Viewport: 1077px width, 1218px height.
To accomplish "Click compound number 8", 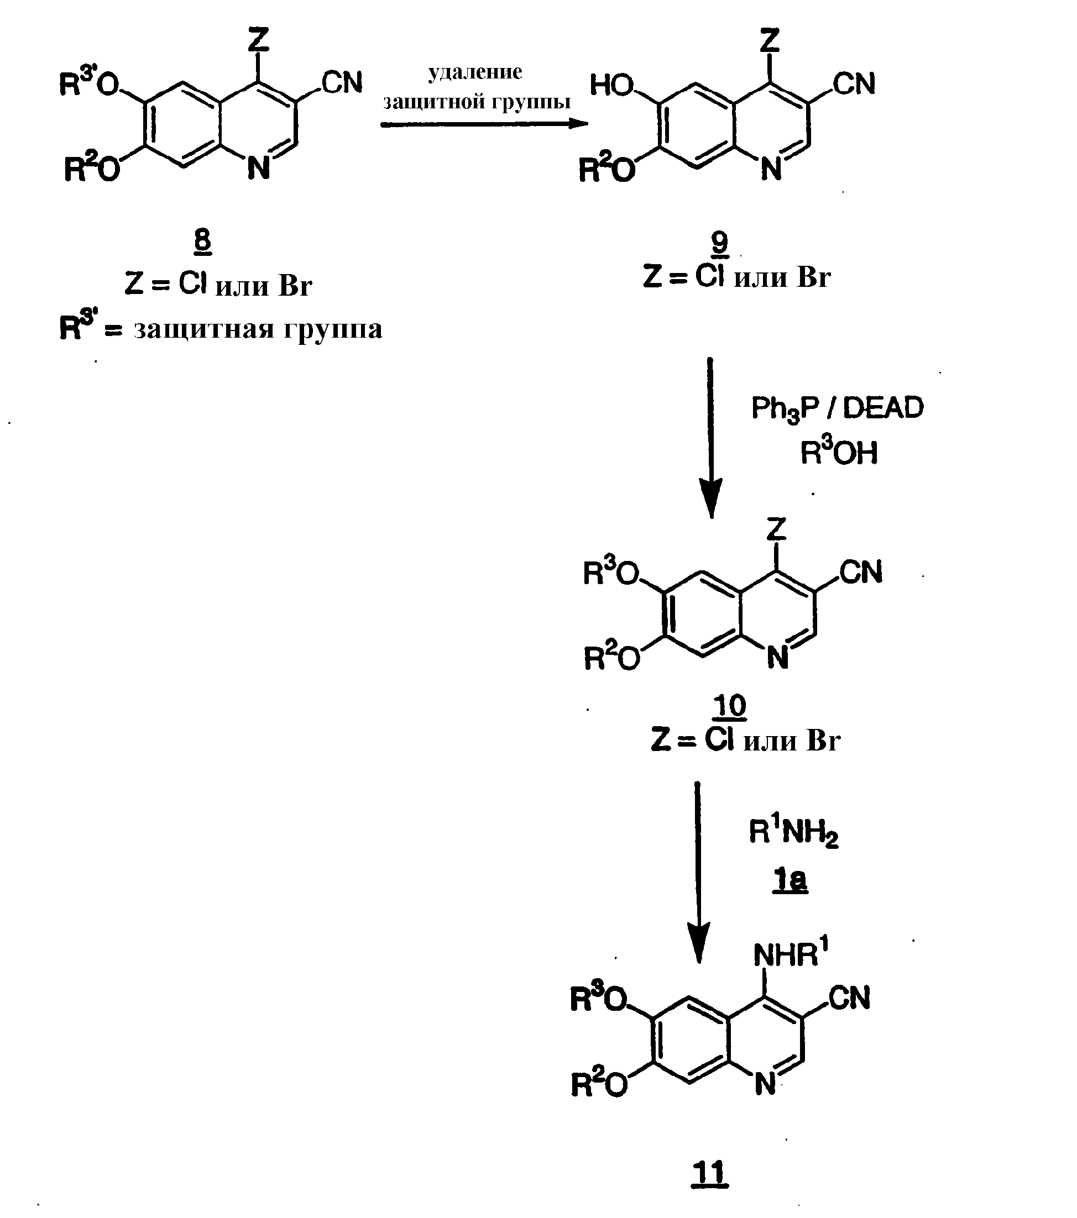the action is point(203,242).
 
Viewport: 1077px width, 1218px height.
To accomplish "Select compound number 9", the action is point(720,243).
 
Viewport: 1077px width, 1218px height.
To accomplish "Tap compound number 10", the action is point(730,707).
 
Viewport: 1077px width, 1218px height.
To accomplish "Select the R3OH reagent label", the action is point(839,452).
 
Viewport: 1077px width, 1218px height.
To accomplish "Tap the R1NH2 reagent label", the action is point(793,832).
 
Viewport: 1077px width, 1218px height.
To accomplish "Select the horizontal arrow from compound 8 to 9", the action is point(484,124).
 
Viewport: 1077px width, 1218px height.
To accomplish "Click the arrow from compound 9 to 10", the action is point(710,438).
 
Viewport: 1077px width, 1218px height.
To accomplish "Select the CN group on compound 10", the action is point(861,572).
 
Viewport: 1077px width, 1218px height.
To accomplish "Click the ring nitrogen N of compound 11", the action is point(765,1084).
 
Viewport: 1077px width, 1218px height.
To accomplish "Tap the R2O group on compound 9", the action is point(608,169).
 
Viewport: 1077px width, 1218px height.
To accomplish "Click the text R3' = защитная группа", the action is point(221,328).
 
